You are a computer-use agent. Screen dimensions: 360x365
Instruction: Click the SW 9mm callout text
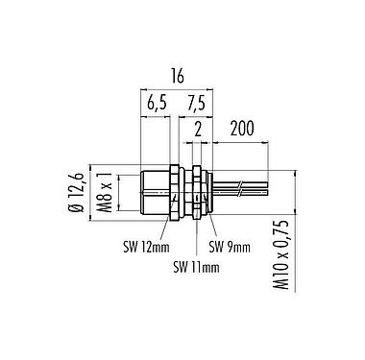[230, 247]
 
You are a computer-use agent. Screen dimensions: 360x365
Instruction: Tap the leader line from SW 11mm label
[195, 235]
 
